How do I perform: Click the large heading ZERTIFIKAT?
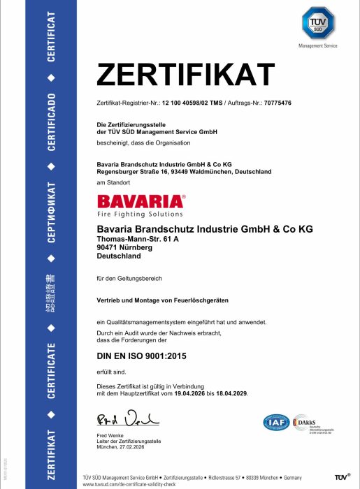click(x=185, y=73)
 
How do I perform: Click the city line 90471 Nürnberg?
click(x=119, y=247)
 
